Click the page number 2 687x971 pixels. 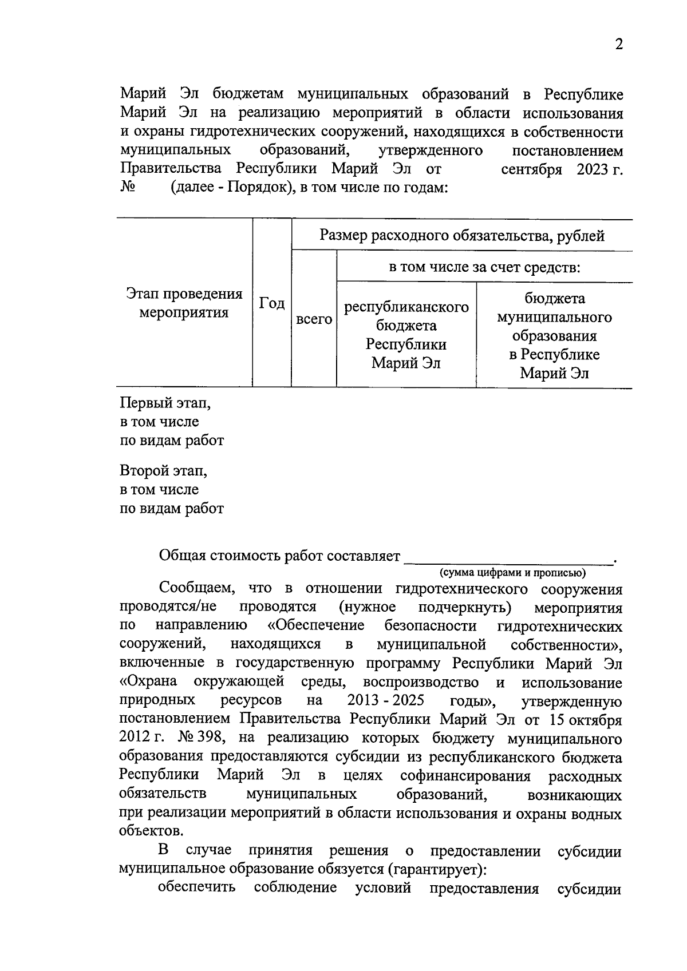click(x=618, y=45)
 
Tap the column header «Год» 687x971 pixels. click(x=272, y=303)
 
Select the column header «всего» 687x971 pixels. click(x=314, y=319)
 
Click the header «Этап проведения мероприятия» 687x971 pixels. click(x=184, y=303)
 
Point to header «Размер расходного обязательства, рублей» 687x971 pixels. click(x=462, y=235)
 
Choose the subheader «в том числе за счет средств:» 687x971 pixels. click(x=484, y=267)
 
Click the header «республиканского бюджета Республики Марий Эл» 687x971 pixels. click(x=406, y=335)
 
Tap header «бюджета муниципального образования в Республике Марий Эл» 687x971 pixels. click(x=554, y=336)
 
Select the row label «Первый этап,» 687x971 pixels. click(x=165, y=403)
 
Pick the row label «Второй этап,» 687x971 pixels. click(x=163, y=471)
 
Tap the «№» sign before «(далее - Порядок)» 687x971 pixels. click(x=128, y=188)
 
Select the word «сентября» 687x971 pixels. click(x=531, y=170)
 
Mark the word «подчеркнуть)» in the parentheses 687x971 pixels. click(x=465, y=607)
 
